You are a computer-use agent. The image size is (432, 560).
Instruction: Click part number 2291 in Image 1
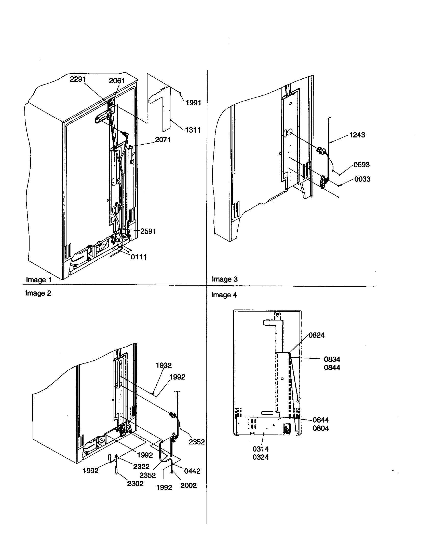78,79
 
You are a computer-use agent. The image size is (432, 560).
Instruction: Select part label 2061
117,81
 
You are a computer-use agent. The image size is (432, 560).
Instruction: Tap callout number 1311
193,130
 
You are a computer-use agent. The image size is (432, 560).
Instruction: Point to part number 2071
163,140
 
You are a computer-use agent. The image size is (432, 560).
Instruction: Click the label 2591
148,231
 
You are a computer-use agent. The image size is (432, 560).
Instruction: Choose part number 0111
139,257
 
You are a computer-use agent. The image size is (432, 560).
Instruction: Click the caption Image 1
39,280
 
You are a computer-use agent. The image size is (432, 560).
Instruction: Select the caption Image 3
225,279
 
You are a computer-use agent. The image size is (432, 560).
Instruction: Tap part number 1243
357,135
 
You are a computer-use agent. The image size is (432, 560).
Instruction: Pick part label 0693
361,165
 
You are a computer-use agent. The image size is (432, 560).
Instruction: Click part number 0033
362,179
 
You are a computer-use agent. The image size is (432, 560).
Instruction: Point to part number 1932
164,365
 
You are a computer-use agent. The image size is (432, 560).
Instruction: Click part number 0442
192,471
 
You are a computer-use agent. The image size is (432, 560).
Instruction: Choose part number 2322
141,466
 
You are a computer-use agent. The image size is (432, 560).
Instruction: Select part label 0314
260,449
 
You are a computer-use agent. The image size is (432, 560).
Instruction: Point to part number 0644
320,420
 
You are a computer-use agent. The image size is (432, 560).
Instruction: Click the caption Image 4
224,295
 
